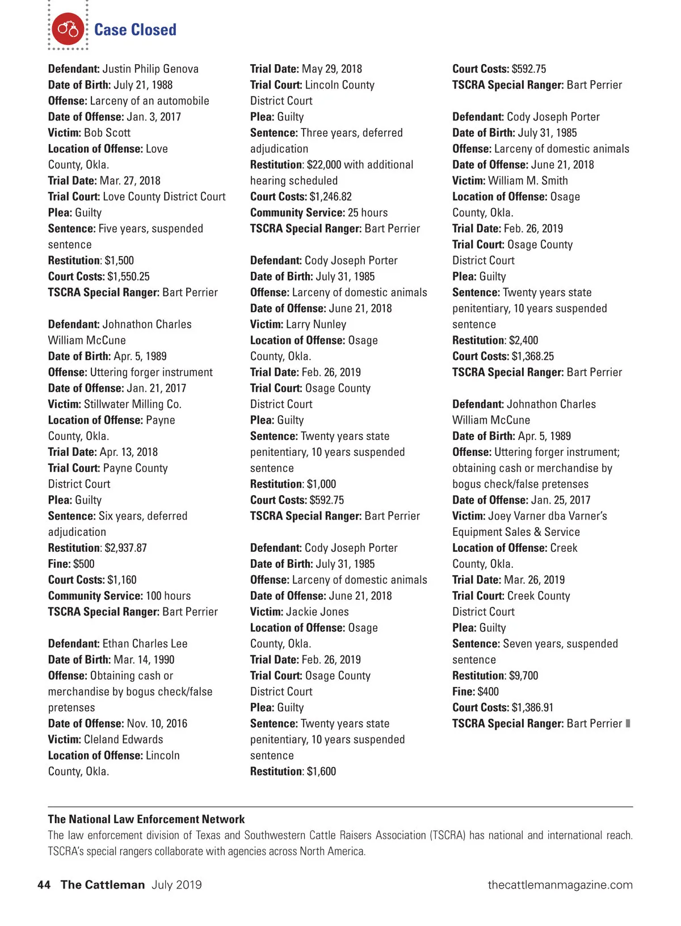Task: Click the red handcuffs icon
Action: tap(68, 29)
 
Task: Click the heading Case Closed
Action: tap(135, 30)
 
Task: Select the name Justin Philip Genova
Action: tap(150, 69)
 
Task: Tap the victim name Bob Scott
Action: tap(107, 132)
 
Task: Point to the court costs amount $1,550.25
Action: tap(128, 276)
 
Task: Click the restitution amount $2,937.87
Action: tap(125, 548)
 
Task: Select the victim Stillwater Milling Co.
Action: tap(133, 404)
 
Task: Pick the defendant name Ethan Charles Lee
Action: tap(145, 644)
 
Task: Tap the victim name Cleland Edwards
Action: tap(124, 739)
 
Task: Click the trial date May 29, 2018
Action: tap(332, 69)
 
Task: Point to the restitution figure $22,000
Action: tap(324, 165)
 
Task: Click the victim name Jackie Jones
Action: tap(318, 611)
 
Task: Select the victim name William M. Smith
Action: tap(528, 181)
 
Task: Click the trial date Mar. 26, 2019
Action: tap(535, 580)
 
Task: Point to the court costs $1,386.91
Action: tap(532, 707)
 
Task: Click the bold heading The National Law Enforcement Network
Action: tap(146, 819)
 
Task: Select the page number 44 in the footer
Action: tap(44, 885)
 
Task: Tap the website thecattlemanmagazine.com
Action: tap(560, 885)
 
